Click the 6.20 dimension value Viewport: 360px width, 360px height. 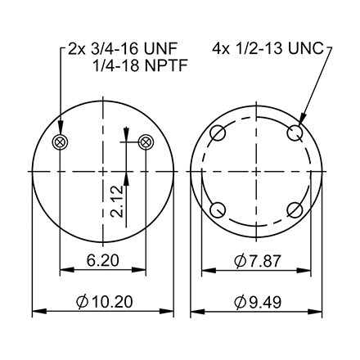tap(102, 261)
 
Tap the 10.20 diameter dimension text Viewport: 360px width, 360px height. tap(110, 302)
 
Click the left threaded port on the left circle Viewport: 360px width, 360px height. tap(60, 143)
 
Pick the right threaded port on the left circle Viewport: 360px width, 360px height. tap(146, 143)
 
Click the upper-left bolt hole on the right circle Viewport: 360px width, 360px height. tap(218, 134)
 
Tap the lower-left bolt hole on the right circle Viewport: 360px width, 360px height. tap(218, 211)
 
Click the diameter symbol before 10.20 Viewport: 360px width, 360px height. tap(83, 302)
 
